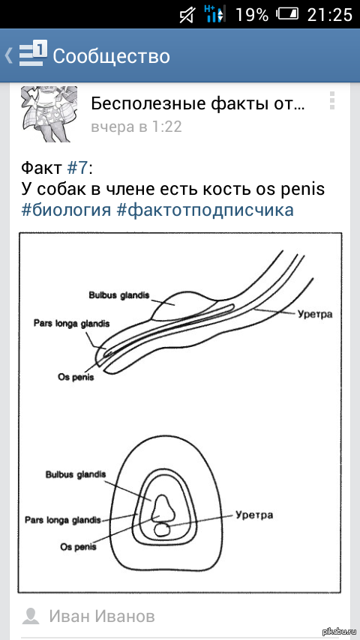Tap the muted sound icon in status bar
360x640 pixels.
pos(187,14)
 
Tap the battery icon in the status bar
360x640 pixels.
pos(288,14)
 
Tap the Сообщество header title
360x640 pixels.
pos(111,55)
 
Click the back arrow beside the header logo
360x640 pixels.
pos(8,55)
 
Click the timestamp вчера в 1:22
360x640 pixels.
pos(136,127)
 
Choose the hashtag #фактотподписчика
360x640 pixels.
pos(205,210)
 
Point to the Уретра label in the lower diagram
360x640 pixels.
pos(253,515)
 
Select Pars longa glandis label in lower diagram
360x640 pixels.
pos(63,519)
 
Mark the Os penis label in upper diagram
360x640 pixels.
pos(76,377)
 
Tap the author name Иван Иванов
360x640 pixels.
pos(102,616)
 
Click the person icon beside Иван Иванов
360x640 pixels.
pos(31,616)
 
